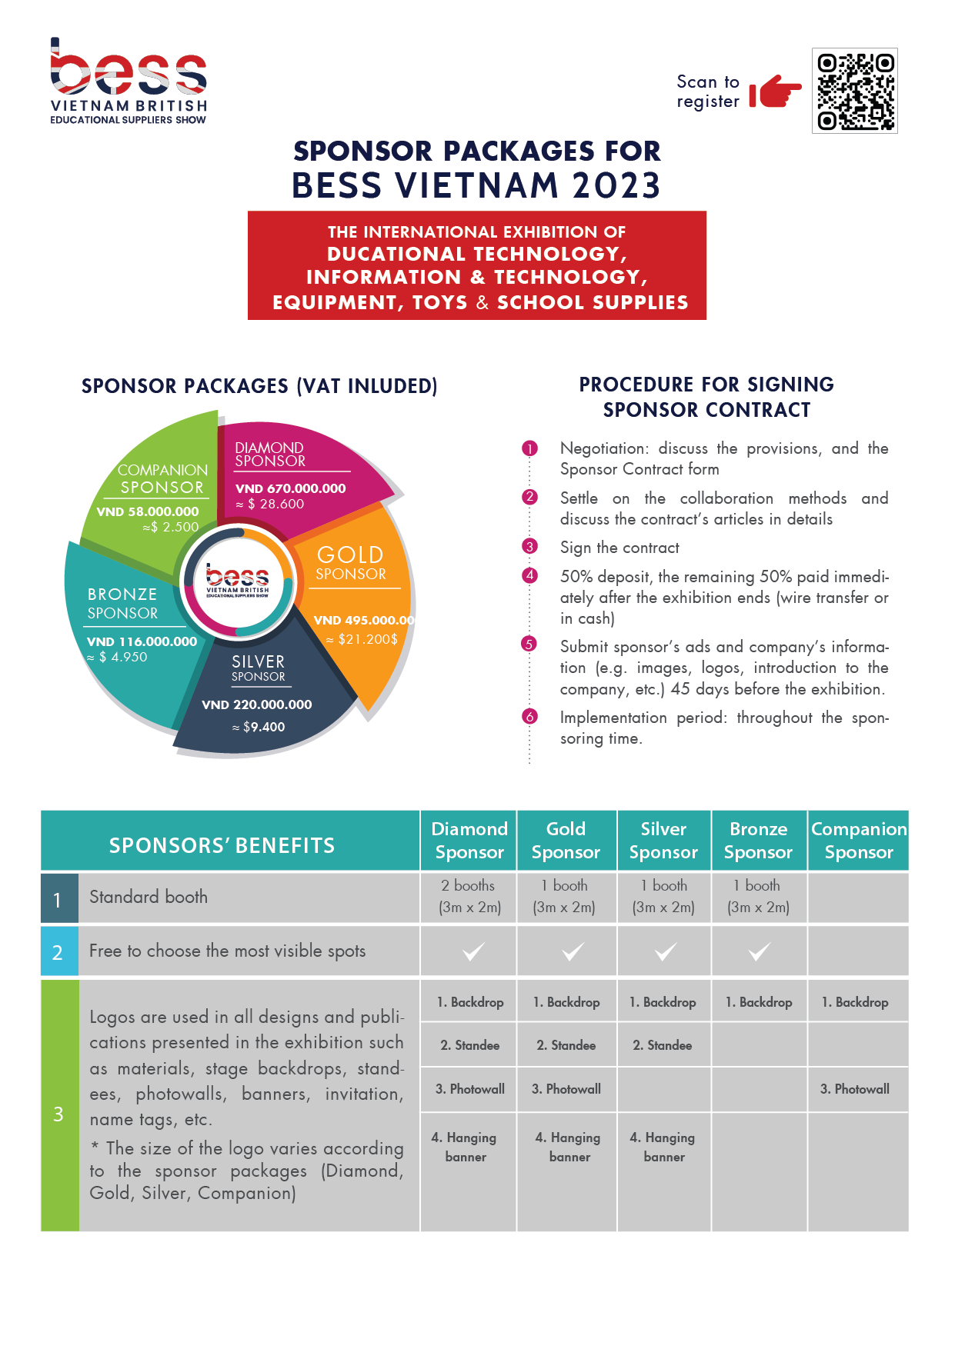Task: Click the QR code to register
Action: [855, 91]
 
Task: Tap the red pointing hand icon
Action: [775, 92]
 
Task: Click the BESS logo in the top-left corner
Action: [129, 81]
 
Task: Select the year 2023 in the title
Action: [616, 185]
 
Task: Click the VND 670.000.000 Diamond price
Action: [291, 488]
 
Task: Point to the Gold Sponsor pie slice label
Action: [351, 563]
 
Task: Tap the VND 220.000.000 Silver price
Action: [257, 704]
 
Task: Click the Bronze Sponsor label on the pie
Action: [122, 604]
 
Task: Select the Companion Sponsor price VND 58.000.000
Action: [148, 511]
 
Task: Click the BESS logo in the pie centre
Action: [238, 581]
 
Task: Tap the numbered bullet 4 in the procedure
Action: [529, 576]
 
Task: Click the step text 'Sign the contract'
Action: [619, 548]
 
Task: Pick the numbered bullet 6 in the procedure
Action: [529, 717]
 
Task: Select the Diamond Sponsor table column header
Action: [469, 841]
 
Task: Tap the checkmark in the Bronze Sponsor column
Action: [759, 952]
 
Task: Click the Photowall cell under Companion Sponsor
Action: [855, 1089]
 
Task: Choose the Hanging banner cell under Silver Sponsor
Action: [663, 1147]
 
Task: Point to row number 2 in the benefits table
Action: [58, 952]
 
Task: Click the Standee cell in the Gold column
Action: [566, 1045]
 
